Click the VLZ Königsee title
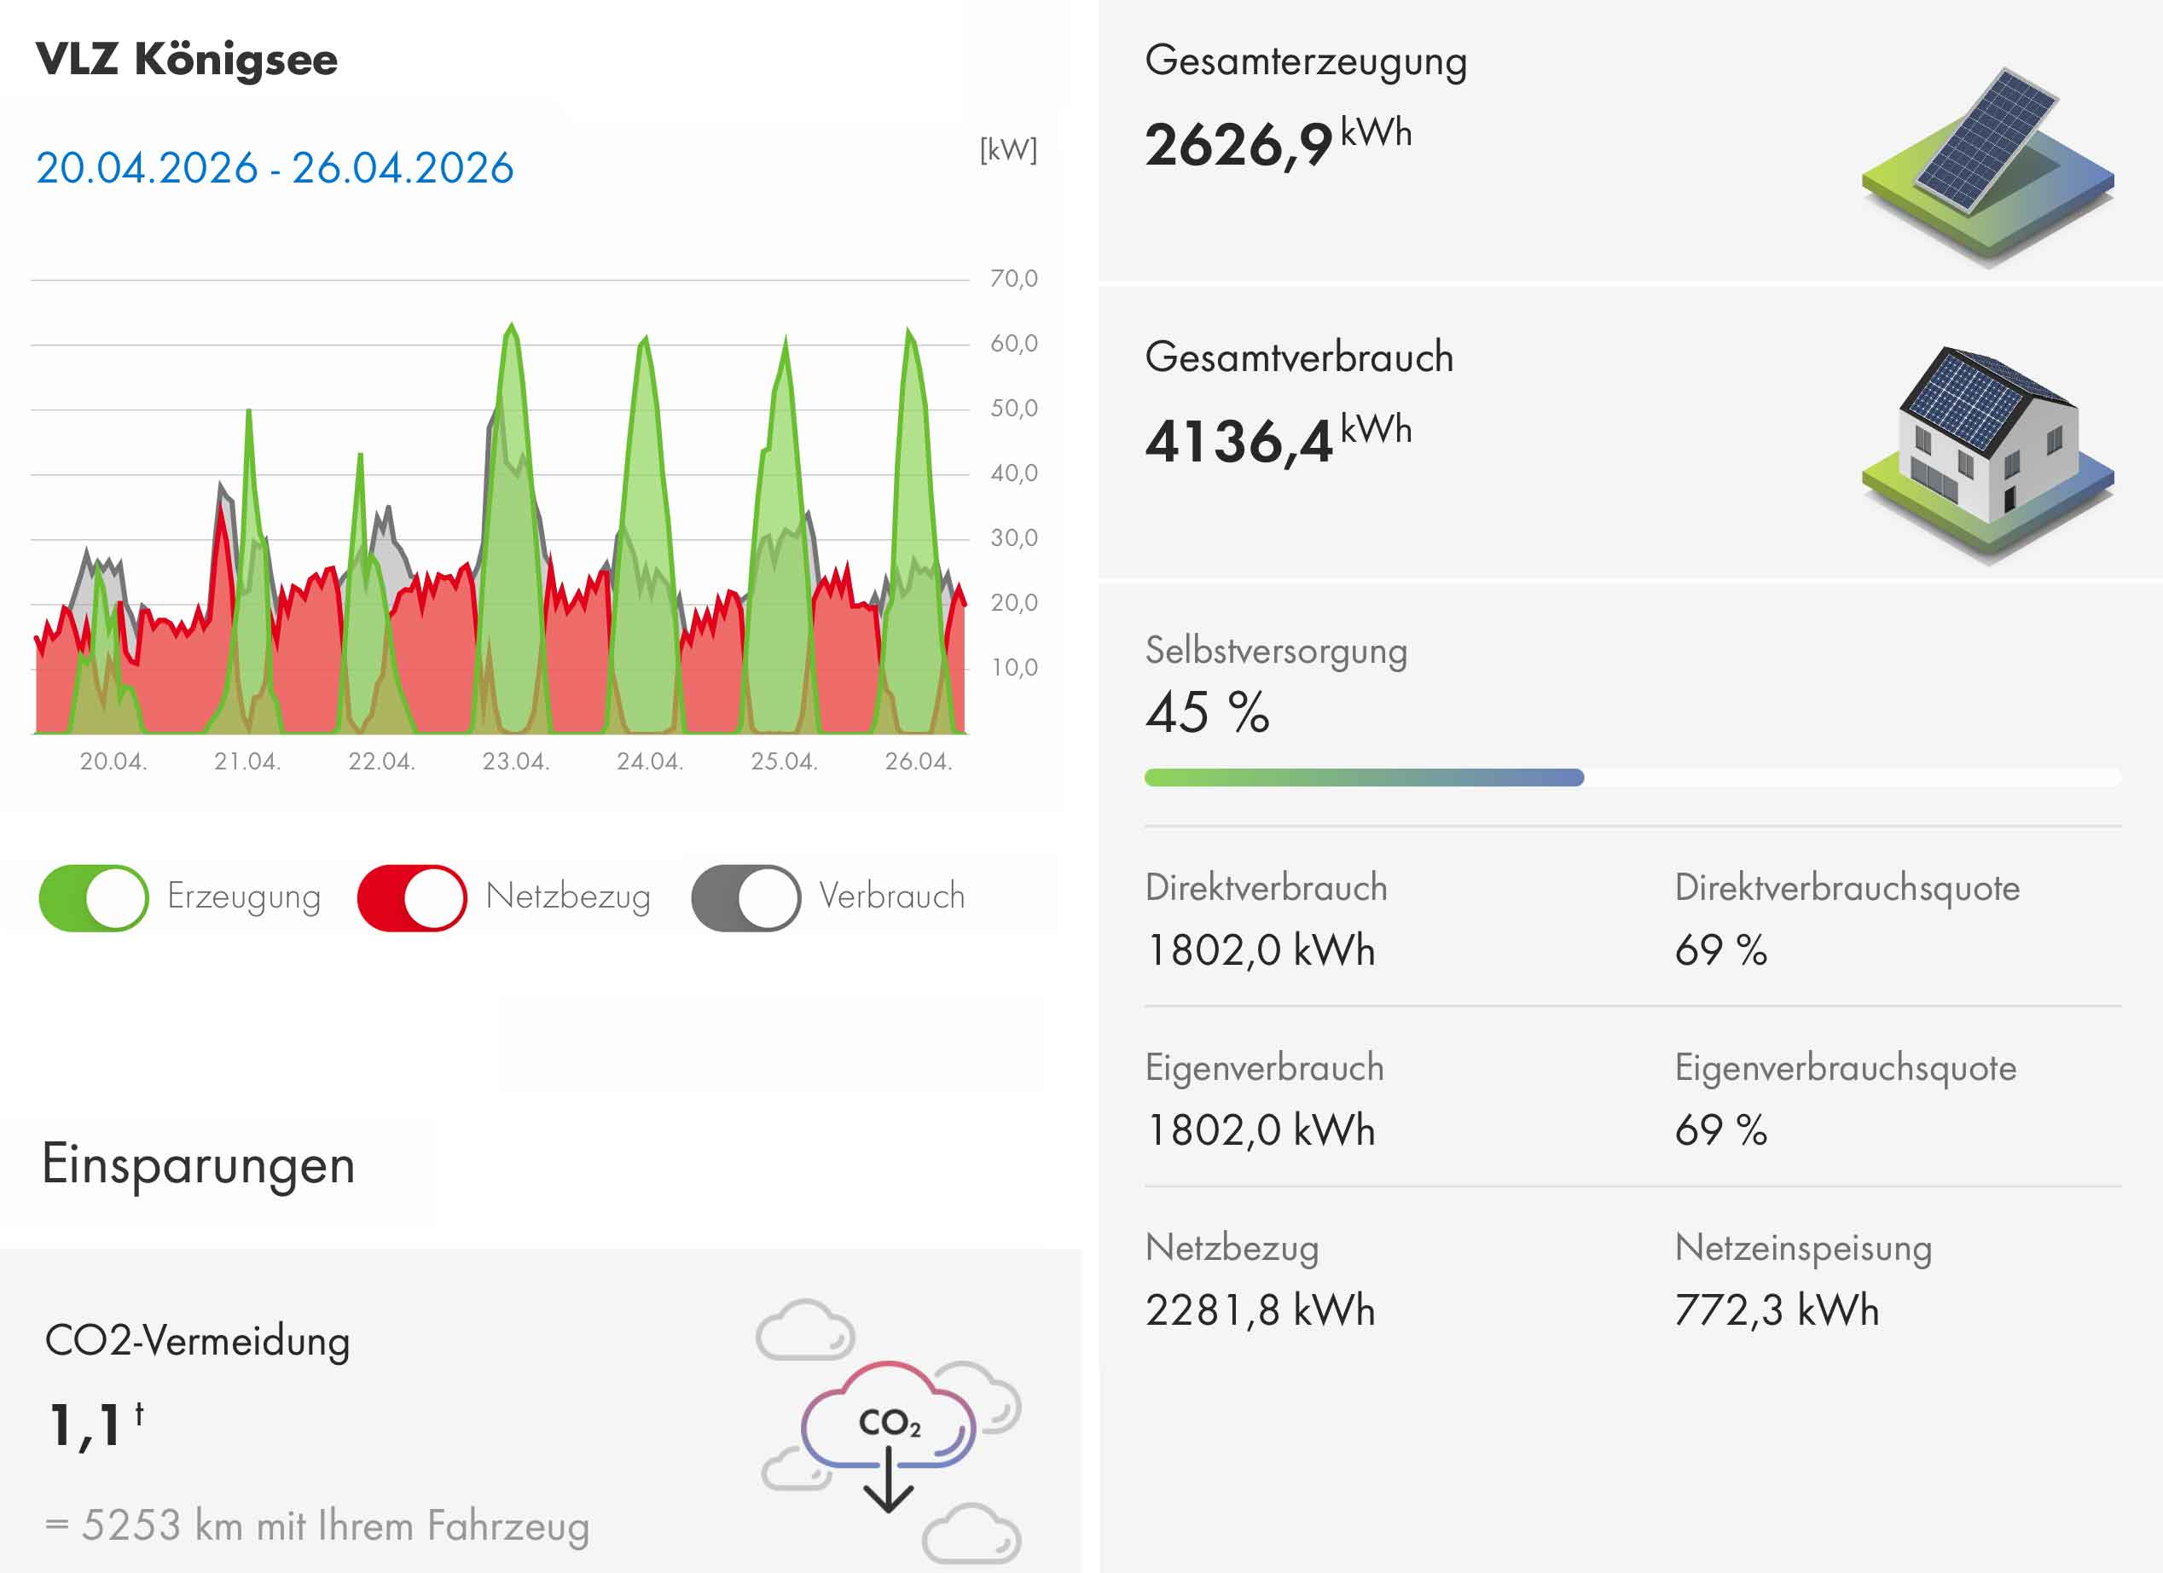(x=187, y=59)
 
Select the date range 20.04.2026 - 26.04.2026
(x=275, y=168)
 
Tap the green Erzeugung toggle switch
(x=94, y=897)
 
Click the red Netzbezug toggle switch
(x=412, y=897)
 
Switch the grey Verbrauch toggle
(x=745, y=897)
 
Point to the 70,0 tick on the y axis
(x=1012, y=279)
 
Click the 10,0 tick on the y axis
(x=1012, y=668)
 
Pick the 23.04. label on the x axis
(x=515, y=761)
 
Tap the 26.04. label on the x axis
(x=918, y=761)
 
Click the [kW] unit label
(x=1008, y=150)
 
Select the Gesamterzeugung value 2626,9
(x=1238, y=145)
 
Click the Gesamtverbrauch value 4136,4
(x=1238, y=442)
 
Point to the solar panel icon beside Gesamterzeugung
(x=1987, y=164)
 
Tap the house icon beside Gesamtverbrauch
(x=1987, y=453)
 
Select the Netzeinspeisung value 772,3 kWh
(x=1776, y=1309)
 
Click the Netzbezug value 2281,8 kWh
(x=1260, y=1309)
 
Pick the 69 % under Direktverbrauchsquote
(x=1720, y=950)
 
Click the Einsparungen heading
(x=199, y=1164)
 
